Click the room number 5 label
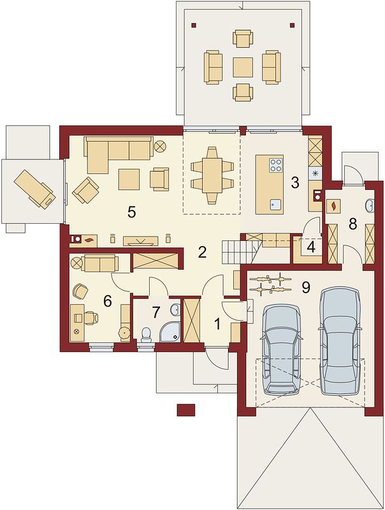tap(131, 212)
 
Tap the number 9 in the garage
tap(306, 288)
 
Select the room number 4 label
tap(311, 248)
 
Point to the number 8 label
tap(352, 224)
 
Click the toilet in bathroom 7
tap(147, 335)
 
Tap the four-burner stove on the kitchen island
tap(276, 165)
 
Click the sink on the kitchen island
tap(276, 205)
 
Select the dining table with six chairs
tap(212, 175)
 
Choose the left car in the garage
tap(282, 349)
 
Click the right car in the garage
tap(340, 341)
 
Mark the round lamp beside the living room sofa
tap(160, 146)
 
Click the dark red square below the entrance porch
tap(186, 409)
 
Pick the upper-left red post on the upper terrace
tap(194, 24)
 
